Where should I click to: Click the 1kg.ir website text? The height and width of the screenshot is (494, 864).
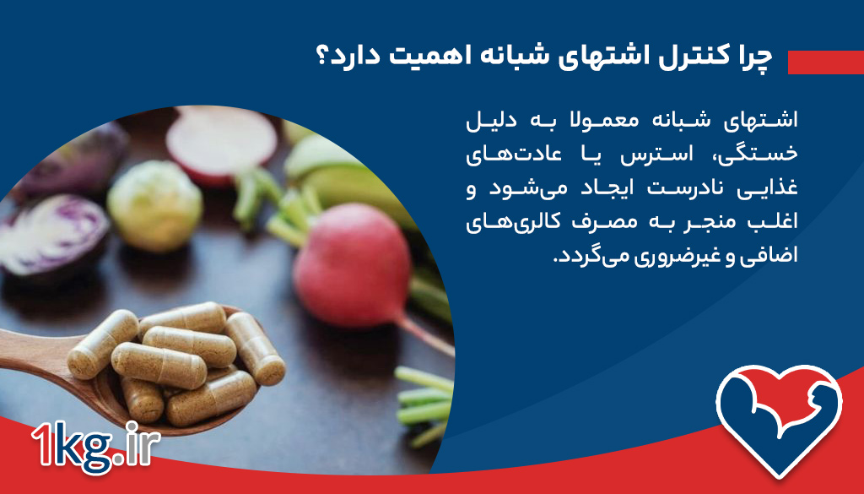[x=91, y=447]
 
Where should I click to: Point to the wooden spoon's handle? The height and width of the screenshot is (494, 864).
[x=34, y=345]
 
